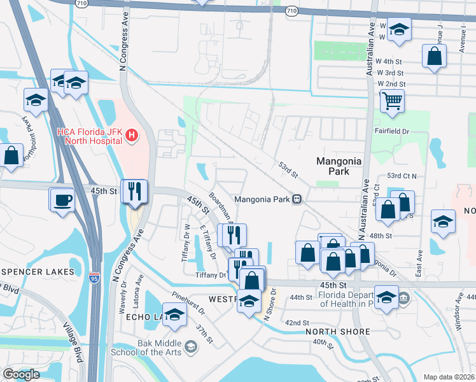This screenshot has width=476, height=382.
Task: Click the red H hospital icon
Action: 132,135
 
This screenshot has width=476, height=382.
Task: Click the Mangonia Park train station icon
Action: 296,199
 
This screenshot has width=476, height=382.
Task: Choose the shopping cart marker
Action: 393,100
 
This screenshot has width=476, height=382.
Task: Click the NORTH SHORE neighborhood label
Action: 337,332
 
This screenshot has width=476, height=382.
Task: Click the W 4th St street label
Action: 389,61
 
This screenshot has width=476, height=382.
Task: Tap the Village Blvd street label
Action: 73,341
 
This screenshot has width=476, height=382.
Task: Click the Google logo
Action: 21,374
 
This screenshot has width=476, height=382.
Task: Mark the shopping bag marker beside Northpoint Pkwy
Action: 11,155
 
